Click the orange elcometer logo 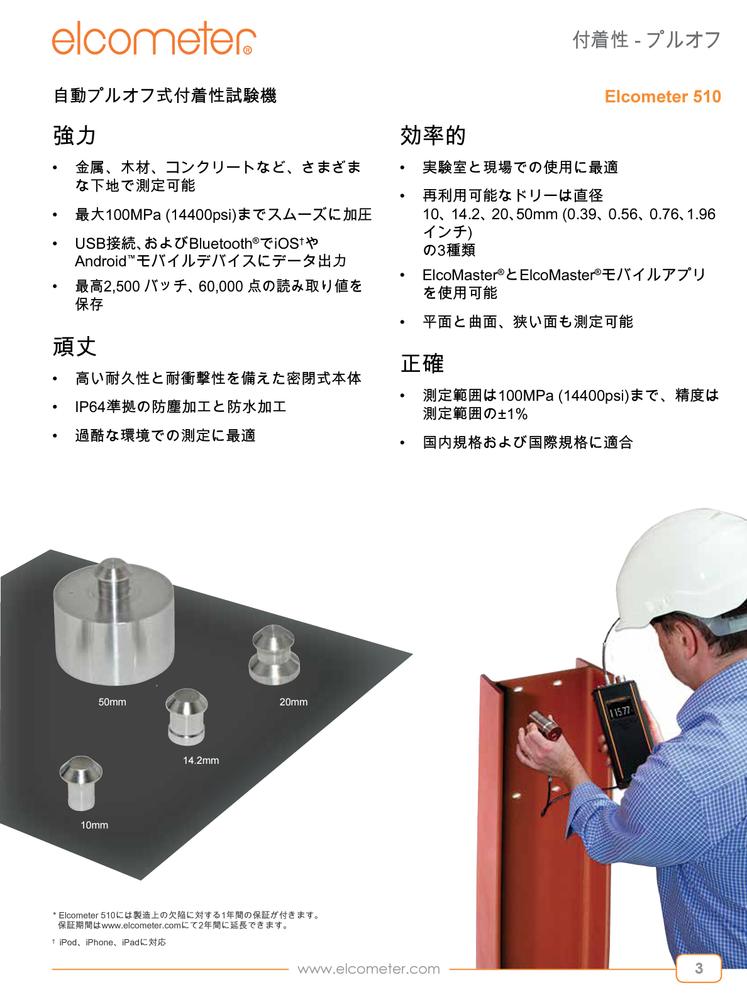153,39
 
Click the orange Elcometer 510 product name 662,97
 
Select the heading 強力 74,136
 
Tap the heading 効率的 433,136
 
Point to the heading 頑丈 74,347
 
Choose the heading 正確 423,364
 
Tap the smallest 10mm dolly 81,782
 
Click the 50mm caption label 112,702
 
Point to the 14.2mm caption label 201,761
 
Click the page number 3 699,968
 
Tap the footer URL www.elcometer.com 368,969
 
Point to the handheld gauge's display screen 621,711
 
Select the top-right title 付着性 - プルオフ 646,40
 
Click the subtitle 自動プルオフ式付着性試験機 165,95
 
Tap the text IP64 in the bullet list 90,407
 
